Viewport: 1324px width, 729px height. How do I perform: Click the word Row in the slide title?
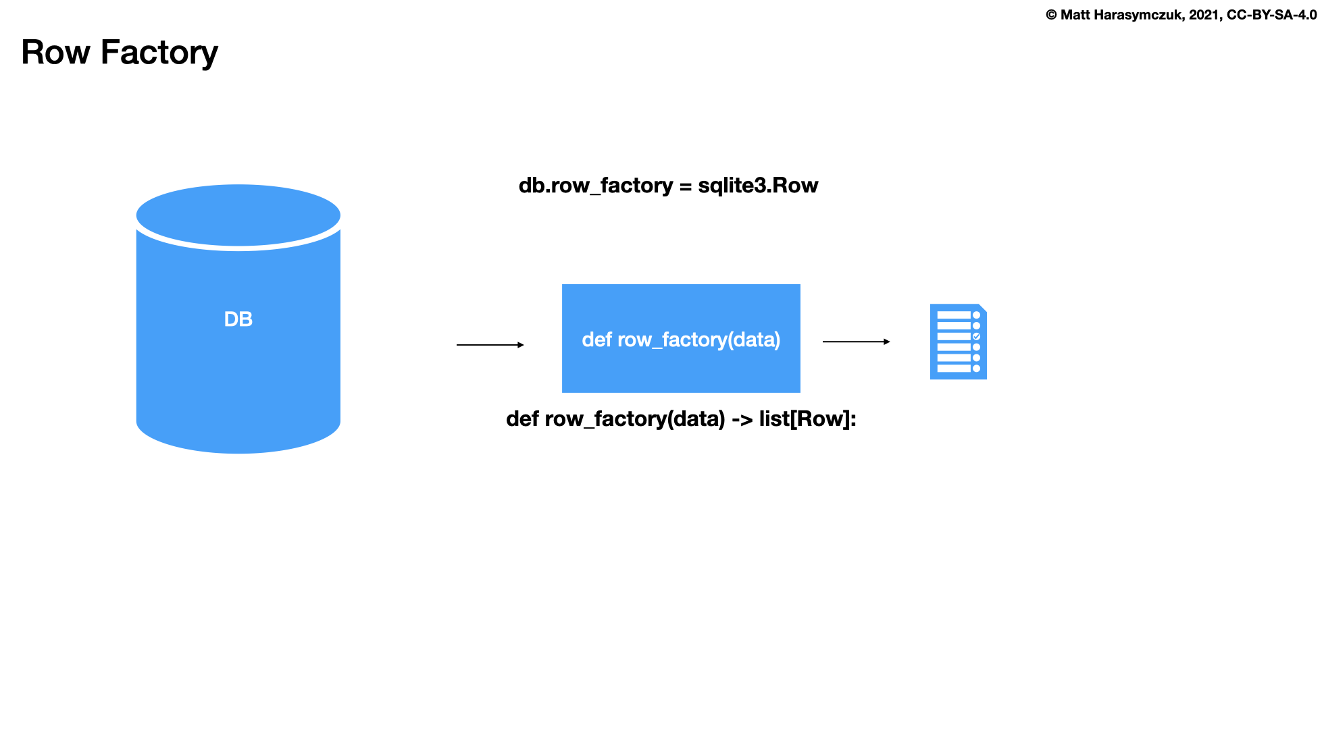55,53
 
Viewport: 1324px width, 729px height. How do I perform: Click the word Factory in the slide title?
159,53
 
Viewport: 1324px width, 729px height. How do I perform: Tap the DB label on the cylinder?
238,319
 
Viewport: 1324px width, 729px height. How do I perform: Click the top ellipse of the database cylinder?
238,215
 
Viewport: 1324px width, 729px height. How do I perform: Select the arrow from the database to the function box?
490,345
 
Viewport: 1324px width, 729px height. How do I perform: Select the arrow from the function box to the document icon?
856,342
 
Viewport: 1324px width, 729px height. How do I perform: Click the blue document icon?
958,342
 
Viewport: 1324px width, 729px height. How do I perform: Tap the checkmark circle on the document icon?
976,336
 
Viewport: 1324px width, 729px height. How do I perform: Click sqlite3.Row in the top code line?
758,186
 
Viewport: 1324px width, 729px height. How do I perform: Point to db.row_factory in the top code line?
595,186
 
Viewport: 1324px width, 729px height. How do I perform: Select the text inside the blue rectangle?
681,340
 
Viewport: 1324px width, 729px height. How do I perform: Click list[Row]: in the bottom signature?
807,419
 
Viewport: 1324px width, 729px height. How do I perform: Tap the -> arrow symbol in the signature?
742,420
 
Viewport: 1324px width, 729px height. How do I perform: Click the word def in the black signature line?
522,419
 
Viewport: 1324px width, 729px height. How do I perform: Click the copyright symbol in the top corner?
1051,15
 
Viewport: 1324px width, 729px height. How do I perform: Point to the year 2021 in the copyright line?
1204,15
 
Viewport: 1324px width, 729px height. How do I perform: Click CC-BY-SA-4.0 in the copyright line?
1271,15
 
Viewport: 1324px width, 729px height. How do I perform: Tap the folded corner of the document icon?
982,308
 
